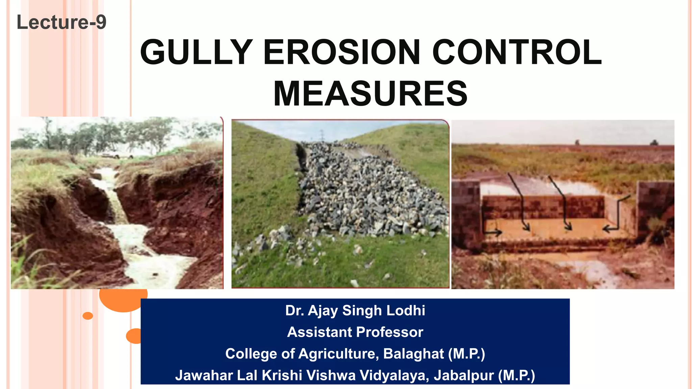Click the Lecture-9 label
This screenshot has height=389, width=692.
pos(61,22)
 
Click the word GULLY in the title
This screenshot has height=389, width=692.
pos(196,52)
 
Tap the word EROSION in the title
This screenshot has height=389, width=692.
pos(342,52)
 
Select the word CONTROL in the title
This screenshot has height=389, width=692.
pos(517,52)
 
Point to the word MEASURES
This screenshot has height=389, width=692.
pos(370,94)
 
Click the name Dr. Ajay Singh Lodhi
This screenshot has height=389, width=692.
pos(355,311)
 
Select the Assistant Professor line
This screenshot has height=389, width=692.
pos(355,332)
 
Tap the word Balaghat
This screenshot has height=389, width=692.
pos(414,354)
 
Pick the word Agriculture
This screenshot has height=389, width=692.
pos(337,354)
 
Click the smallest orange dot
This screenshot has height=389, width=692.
pos(88,316)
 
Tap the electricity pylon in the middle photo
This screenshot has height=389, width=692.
pos(322,136)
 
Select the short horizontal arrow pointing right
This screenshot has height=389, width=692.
pos(493,232)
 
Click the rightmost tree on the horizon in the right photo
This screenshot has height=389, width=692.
pos(654,142)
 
